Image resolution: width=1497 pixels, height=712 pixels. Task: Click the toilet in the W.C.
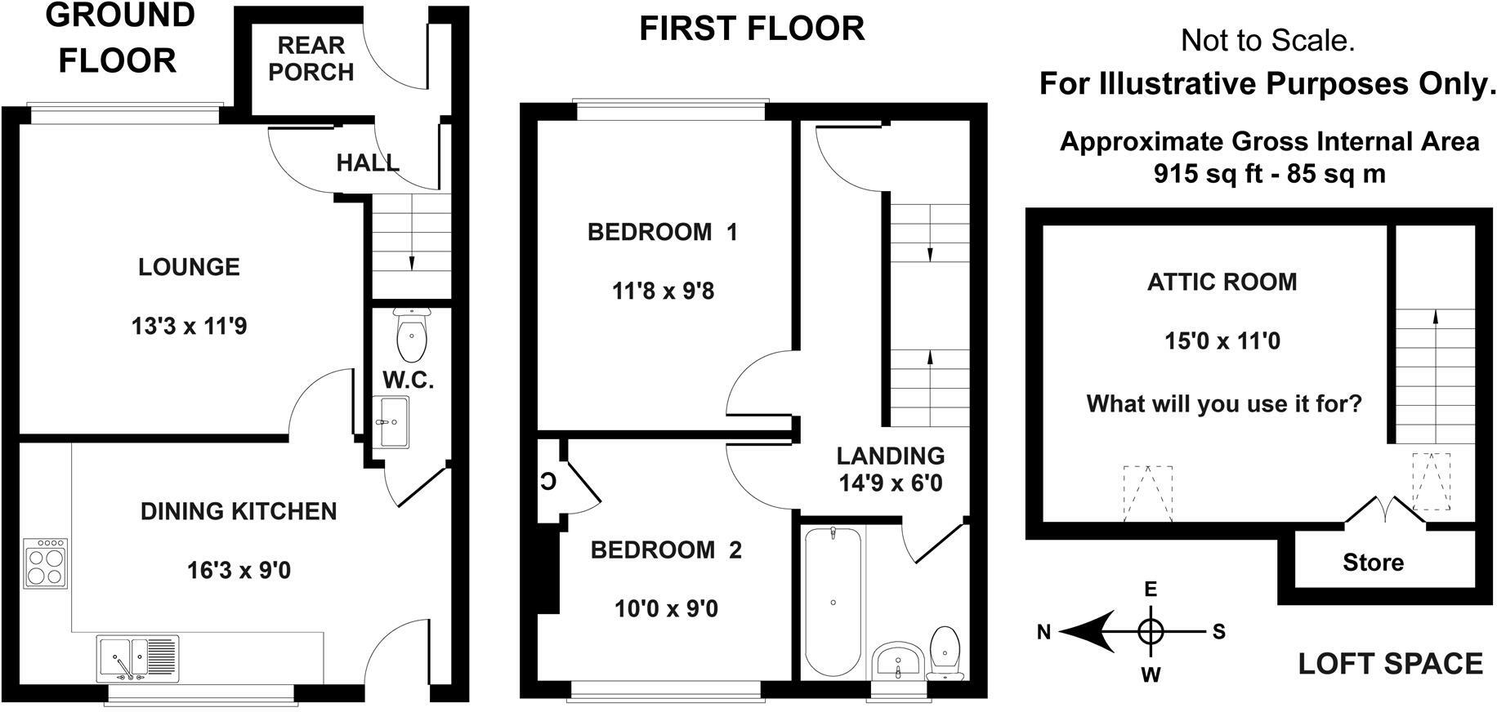tap(411, 334)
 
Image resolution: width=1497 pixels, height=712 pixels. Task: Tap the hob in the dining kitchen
tap(45, 563)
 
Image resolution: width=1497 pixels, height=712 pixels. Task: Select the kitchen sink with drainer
tap(138, 658)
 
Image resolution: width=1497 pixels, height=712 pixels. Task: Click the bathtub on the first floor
tap(833, 603)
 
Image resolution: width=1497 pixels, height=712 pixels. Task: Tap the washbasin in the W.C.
tap(395, 422)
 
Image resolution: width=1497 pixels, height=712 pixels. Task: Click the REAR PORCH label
tap(311, 59)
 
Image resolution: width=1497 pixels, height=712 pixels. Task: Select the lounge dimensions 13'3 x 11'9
tap(189, 327)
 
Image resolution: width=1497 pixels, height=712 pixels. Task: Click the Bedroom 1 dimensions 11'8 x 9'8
tap(663, 291)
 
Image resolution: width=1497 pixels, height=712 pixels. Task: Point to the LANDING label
tap(890, 456)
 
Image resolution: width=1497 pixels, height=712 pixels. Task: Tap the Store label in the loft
tap(1373, 562)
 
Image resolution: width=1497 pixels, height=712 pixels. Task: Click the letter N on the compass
tap(1043, 632)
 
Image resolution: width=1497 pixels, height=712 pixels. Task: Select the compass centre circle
tap(1151, 631)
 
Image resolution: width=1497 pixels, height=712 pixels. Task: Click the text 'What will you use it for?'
tap(1224, 404)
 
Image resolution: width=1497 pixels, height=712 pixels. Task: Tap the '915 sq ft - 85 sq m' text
tap(1269, 174)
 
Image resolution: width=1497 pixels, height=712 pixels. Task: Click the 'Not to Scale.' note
tap(1268, 40)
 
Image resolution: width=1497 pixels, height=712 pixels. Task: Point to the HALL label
tap(368, 162)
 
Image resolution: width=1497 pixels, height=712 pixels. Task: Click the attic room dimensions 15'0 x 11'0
tap(1222, 340)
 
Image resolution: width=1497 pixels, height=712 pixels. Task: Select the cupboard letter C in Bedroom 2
tap(547, 481)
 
